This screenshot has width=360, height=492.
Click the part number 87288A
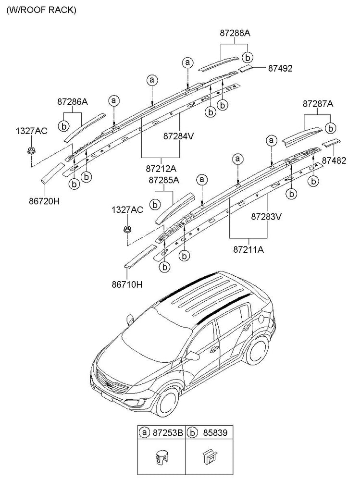tap(235, 33)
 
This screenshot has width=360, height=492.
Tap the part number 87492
tap(280, 68)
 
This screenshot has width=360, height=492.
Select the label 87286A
tap(73, 102)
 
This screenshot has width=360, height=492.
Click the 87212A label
tap(161, 169)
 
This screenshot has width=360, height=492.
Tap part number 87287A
tap(318, 103)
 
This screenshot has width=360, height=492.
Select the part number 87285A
tap(164, 180)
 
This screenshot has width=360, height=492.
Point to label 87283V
tap(266, 216)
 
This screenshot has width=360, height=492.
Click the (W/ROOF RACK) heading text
tap(41, 10)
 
